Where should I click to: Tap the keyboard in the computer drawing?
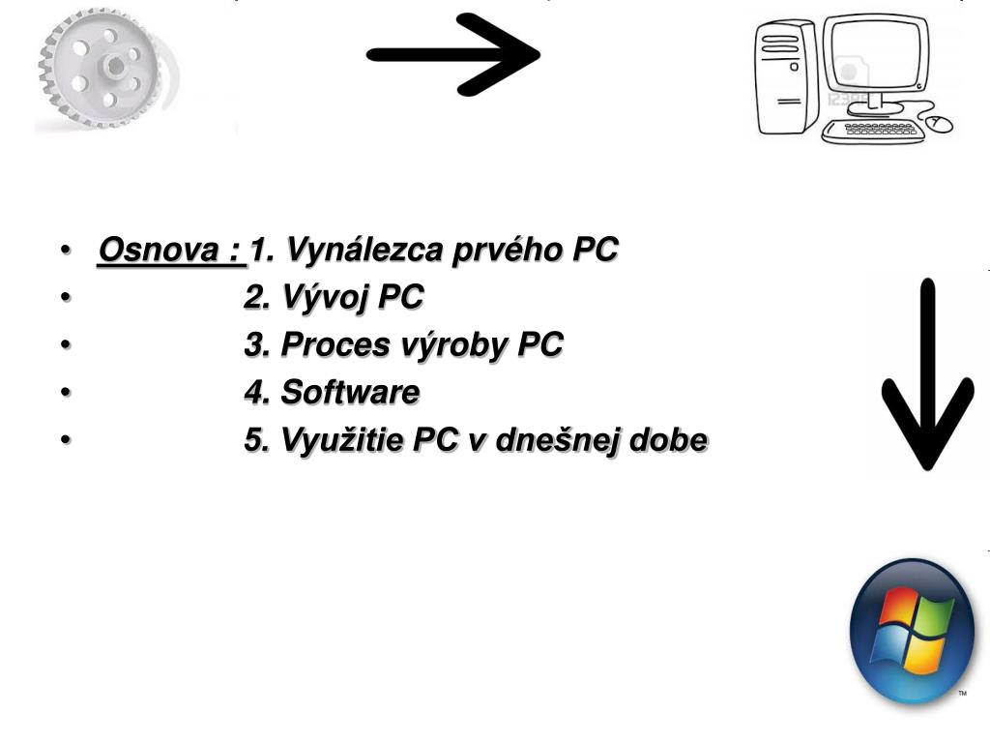click(873, 130)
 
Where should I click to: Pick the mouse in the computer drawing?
click(939, 123)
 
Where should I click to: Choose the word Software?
click(350, 393)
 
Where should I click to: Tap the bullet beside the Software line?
click(65, 393)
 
